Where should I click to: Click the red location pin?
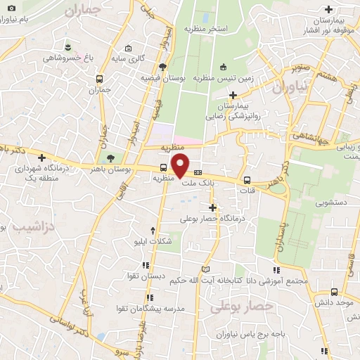click(x=181, y=165)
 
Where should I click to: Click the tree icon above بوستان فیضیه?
click(x=162, y=67)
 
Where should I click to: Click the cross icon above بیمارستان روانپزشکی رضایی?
click(x=232, y=94)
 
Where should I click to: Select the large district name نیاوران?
click(x=289, y=89)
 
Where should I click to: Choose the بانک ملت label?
click(x=198, y=184)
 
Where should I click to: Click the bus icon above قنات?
click(x=246, y=179)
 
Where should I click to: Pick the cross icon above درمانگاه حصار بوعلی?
click(x=212, y=207)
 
